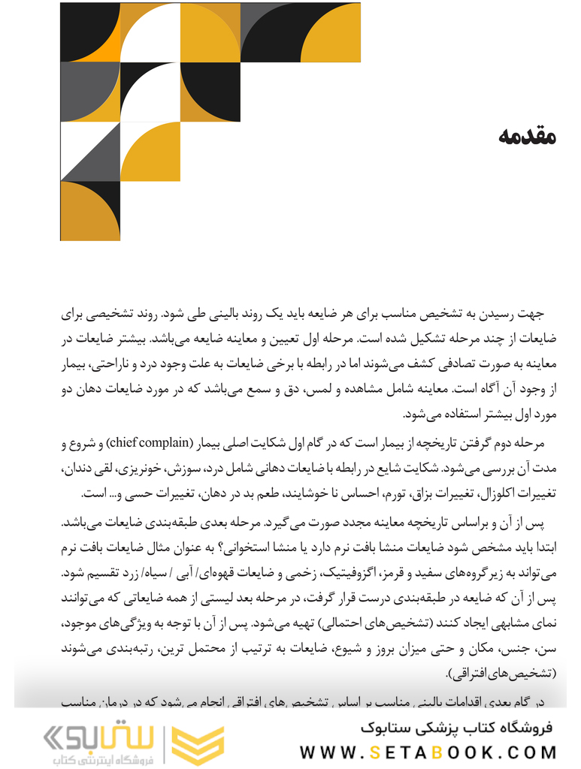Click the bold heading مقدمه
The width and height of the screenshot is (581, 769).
(x=526, y=137)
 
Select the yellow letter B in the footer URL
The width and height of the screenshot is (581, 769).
(x=455, y=752)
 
